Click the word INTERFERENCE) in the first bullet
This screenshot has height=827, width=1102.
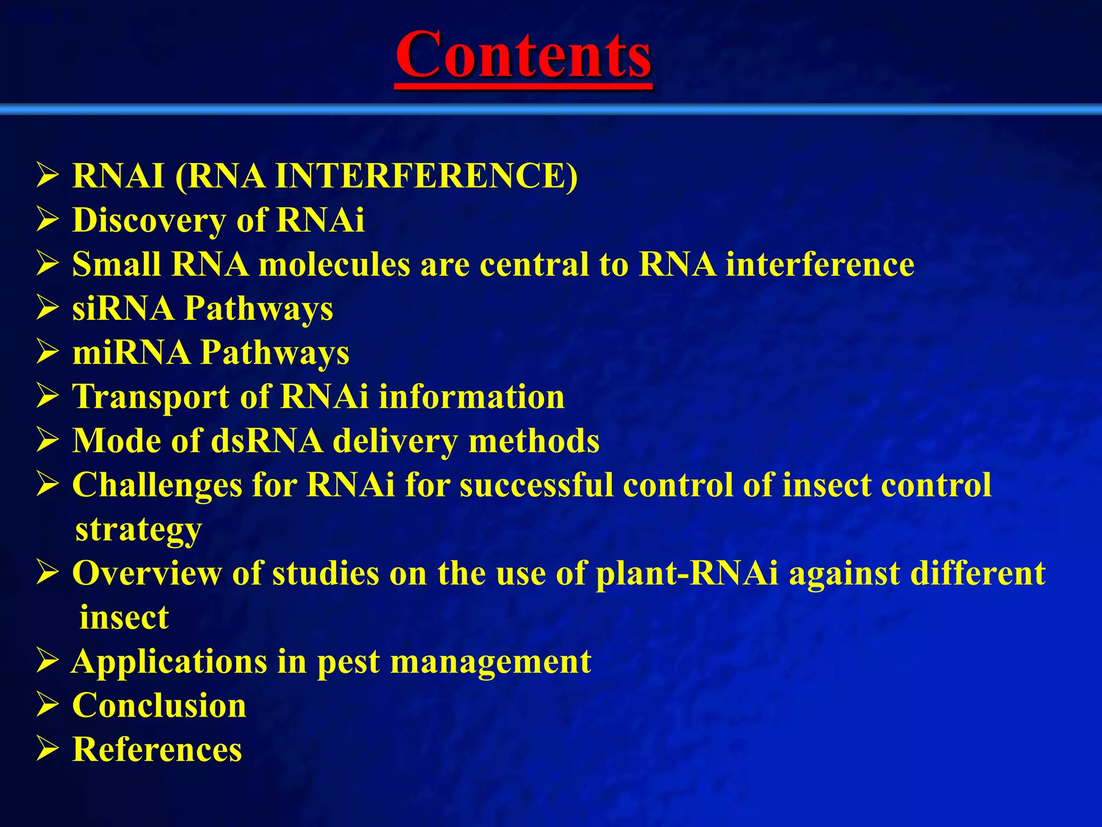point(426,176)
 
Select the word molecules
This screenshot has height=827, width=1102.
point(334,265)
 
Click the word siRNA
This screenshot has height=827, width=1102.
point(123,309)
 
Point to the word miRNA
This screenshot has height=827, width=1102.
point(131,353)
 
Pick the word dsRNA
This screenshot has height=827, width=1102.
point(266,441)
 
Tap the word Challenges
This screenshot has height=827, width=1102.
point(157,485)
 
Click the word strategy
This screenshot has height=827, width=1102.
point(138,530)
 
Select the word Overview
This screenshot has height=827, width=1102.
point(146,573)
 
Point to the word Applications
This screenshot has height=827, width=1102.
point(169,662)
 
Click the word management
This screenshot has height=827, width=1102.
point(490,662)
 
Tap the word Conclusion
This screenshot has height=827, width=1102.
point(159,706)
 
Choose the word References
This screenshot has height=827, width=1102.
point(157,749)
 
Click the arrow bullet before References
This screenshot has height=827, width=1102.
point(47,749)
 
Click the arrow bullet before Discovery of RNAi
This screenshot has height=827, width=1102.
point(47,220)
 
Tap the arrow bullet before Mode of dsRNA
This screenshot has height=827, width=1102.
point(47,441)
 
